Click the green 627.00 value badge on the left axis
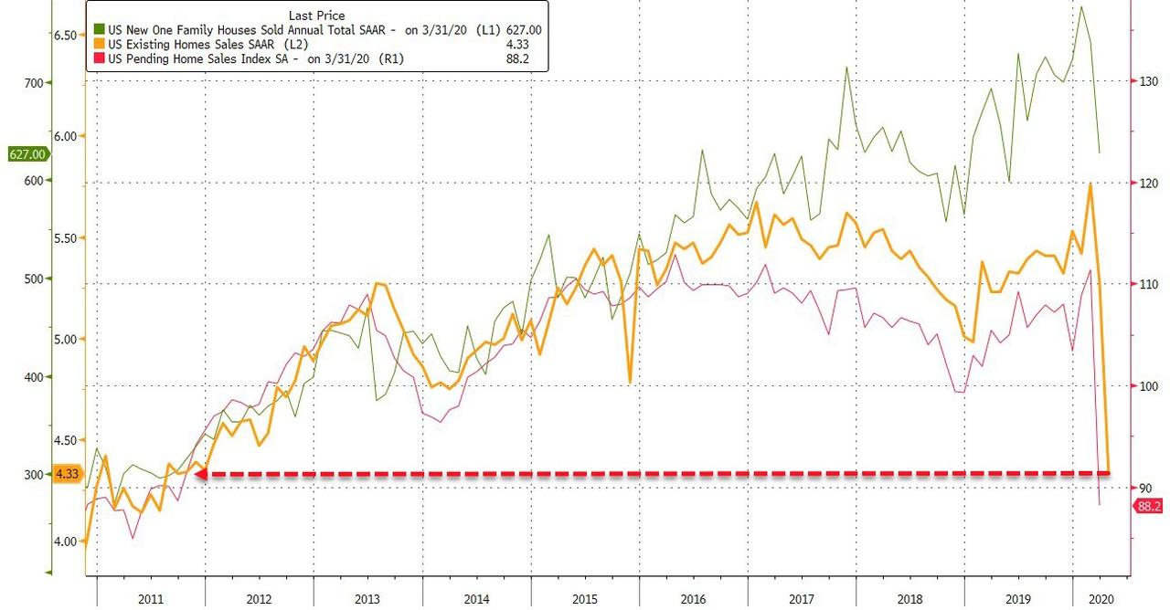click(25, 154)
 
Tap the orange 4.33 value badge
click(67, 474)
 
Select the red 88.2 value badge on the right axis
click(1151, 506)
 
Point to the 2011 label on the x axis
click(151, 598)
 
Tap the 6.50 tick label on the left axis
click(67, 35)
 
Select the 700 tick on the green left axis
click(33, 82)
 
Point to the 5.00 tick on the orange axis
click(67, 339)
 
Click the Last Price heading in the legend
click(316, 16)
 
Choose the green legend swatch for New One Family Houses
click(100, 30)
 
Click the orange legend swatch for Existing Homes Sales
click(100, 45)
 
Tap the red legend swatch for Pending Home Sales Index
click(100, 59)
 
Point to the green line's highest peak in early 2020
click(1082, 7)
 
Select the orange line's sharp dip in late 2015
click(630, 382)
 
